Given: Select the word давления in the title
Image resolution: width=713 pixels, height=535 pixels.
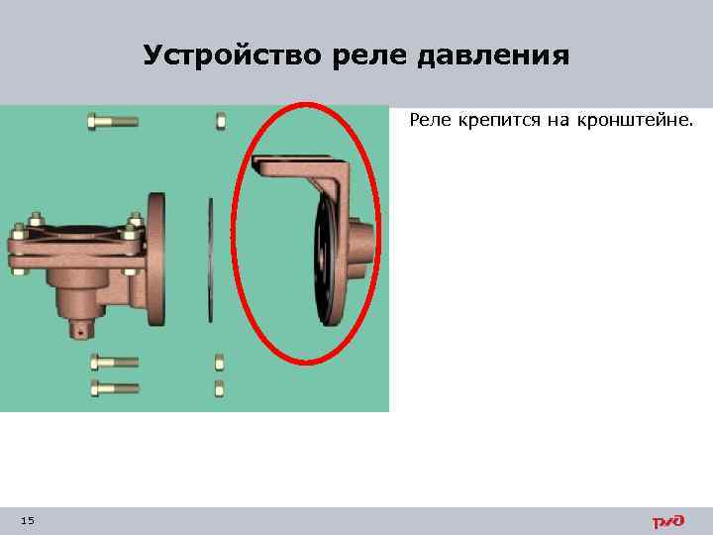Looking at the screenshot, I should pyautogui.click(x=492, y=56).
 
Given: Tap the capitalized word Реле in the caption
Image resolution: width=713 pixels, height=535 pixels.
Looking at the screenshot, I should pyautogui.click(x=430, y=121).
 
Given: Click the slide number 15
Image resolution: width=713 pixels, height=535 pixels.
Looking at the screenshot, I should pyautogui.click(x=27, y=521).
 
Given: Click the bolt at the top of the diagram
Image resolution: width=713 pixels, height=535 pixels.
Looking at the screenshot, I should pyautogui.click(x=111, y=122).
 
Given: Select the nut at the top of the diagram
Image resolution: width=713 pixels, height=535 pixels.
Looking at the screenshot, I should pyautogui.click(x=220, y=122).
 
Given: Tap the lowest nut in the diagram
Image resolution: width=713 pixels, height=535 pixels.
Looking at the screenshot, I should pyautogui.click(x=220, y=386).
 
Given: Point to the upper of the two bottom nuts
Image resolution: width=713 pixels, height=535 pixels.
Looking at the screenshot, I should pyautogui.click(x=220, y=361).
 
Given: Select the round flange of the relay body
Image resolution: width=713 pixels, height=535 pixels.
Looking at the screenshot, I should pyautogui.click(x=156, y=258).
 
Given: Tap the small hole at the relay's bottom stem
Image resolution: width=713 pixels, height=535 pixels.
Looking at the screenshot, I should pyautogui.click(x=79, y=334).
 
